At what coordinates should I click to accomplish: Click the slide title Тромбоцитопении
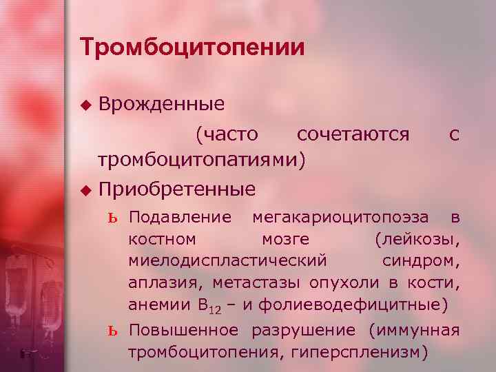(192, 48)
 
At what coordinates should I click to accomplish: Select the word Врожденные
(162, 105)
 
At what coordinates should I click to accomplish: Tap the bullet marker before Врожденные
(85, 105)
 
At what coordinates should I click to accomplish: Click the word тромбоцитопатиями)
(200, 160)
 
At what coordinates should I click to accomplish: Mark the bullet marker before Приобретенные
(85, 189)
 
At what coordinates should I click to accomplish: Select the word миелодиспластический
(227, 261)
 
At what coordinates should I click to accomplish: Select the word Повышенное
(184, 330)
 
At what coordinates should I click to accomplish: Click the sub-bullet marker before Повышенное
(114, 330)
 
